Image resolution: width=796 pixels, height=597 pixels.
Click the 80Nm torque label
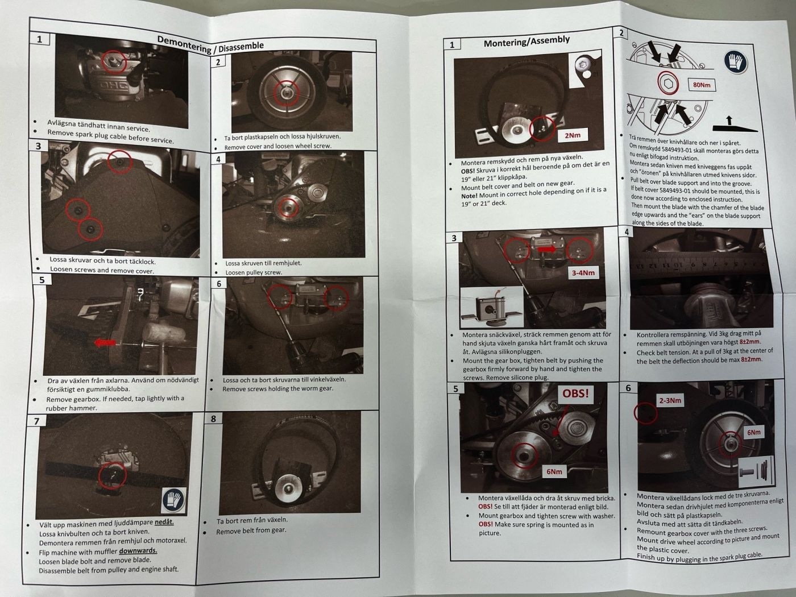[x=702, y=85]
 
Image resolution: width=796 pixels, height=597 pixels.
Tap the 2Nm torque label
[x=572, y=135]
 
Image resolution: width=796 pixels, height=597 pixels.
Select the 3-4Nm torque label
[x=583, y=272]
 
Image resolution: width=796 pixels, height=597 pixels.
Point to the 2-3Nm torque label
[x=670, y=400]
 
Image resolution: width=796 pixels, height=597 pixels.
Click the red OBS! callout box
[x=575, y=393]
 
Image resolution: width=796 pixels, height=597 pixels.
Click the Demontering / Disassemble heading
[x=210, y=45]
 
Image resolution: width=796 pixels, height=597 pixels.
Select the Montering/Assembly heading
[x=526, y=41]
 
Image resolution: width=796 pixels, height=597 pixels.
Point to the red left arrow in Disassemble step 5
[x=106, y=342]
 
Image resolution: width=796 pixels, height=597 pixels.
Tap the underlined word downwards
[x=138, y=550]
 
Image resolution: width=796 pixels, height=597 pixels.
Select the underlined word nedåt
[x=164, y=522]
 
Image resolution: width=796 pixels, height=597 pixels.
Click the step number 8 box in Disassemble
[x=213, y=418]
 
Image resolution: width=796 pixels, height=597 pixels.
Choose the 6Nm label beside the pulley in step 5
[x=554, y=471]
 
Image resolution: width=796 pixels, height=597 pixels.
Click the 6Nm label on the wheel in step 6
[x=753, y=433]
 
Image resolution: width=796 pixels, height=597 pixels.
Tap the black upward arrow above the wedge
[x=729, y=120]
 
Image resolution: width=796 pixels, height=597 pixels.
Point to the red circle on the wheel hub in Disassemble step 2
[x=287, y=93]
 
